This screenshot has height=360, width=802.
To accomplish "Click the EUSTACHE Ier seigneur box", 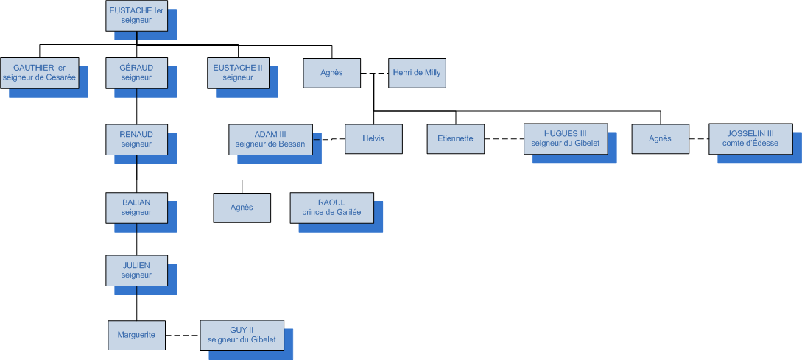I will [136, 15].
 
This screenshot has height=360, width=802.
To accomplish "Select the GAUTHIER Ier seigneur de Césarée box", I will [40, 72].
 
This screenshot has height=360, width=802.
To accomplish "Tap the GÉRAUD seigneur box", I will [136, 72].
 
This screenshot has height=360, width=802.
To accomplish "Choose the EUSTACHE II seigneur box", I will [238, 72].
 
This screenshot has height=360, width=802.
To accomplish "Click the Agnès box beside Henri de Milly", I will [332, 73].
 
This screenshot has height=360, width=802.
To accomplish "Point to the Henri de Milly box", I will [417, 73].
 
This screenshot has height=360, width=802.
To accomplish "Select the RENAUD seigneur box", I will [136, 138].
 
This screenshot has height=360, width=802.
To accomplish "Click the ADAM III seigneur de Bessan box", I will [270, 138].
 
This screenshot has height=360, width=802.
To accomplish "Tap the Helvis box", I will [374, 139].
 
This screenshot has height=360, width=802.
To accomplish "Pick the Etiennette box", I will [456, 139].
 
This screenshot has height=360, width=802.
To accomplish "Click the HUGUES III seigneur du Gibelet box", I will [566, 138].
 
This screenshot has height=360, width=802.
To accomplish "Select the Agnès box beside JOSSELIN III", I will [661, 139].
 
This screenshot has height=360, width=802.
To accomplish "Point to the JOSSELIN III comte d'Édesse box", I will [750, 138].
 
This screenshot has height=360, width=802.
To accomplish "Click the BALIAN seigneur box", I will [136, 207].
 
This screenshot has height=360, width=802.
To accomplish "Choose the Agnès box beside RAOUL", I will [242, 208].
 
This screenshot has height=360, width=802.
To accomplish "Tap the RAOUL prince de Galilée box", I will [331, 207].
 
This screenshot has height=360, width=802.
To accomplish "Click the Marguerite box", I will [136, 335].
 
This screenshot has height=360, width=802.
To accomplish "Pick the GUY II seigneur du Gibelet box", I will [242, 335].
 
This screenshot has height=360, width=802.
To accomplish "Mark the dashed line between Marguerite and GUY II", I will [183, 336].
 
